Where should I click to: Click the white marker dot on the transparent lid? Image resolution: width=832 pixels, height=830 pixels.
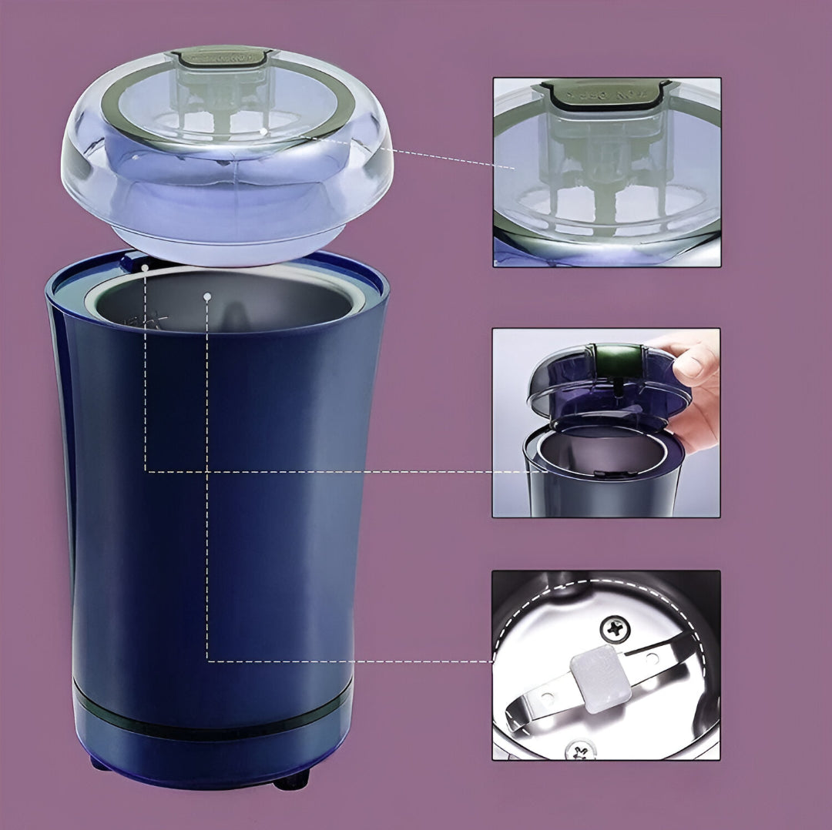[x=263, y=132]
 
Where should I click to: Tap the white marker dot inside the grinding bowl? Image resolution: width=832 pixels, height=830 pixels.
[x=207, y=295]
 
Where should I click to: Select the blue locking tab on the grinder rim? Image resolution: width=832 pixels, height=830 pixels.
[x=135, y=262]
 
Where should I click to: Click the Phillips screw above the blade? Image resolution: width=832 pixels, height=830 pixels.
[x=614, y=630]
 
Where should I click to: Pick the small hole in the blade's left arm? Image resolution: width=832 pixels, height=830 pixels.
[x=548, y=698]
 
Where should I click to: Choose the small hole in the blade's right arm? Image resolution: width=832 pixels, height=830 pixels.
[x=653, y=658]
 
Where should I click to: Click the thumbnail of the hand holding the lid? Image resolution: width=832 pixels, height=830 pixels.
[x=606, y=423]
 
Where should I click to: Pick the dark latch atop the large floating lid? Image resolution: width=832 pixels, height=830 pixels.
[x=221, y=57]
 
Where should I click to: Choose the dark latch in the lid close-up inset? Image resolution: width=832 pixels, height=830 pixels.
[x=606, y=92]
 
